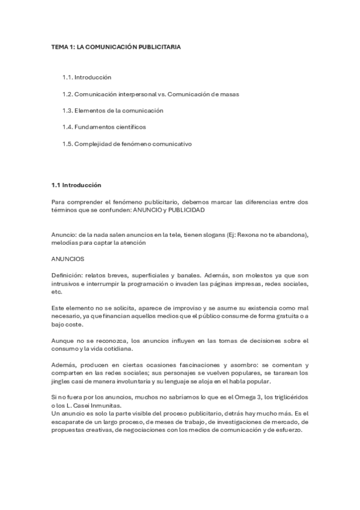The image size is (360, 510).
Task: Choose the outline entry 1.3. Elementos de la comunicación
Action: pyautogui.click(x=112, y=111)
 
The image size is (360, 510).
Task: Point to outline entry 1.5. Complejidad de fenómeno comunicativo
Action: pyautogui.click(x=127, y=144)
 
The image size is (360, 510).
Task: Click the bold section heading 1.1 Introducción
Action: pyautogui.click(x=76, y=185)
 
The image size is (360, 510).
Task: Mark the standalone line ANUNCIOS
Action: pyautogui.click(x=67, y=259)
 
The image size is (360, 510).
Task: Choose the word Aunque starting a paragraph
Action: pyautogui.click(x=63, y=340)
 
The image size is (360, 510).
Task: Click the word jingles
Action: pyautogui.click(x=62, y=381)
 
